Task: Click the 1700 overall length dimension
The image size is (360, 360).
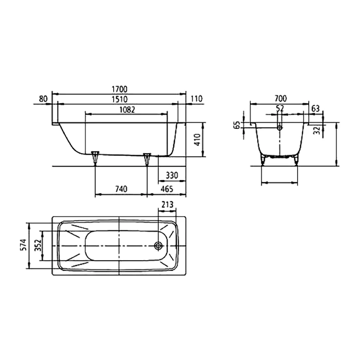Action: (x=120, y=89)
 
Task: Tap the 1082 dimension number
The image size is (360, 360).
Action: (x=126, y=109)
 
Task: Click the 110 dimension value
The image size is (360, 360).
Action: (x=197, y=99)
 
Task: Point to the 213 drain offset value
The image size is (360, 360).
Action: (x=167, y=205)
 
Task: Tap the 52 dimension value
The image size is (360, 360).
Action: (x=280, y=108)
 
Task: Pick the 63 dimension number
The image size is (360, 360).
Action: (x=315, y=108)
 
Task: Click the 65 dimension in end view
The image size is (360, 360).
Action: (x=237, y=126)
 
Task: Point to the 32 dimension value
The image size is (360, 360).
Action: (x=316, y=131)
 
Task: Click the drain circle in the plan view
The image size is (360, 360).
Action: (x=158, y=246)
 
